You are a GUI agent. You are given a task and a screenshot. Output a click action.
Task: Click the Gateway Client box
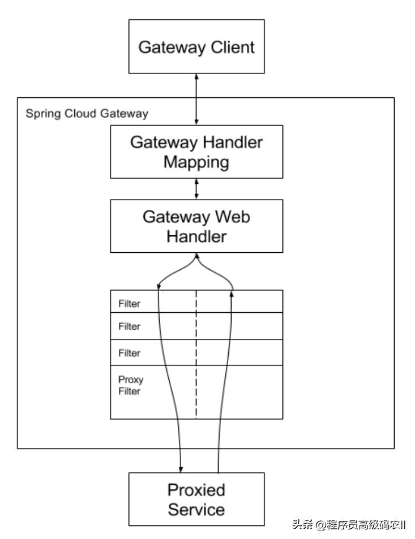coord(196,46)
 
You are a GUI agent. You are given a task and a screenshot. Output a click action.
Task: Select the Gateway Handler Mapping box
coord(196,151)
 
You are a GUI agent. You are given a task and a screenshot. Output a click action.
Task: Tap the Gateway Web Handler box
coord(196,226)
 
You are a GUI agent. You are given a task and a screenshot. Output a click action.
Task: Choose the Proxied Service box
coord(196,499)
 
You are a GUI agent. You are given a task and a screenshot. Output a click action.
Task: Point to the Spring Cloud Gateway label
coord(87,114)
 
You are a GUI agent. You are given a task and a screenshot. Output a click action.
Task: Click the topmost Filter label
coord(129,304)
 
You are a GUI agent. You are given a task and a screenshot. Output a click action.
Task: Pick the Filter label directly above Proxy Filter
coord(129,353)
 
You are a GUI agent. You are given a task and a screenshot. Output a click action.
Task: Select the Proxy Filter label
coord(131,385)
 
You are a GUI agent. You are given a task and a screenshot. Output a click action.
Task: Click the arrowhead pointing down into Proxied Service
coord(181,468)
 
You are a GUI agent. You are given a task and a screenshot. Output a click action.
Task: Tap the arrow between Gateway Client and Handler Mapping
coord(196,99)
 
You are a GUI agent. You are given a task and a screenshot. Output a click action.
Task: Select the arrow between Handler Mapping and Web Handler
coord(196,189)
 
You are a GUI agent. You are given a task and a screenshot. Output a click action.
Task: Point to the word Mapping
coord(196,162)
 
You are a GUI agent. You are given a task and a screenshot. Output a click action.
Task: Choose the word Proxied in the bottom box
coord(196,489)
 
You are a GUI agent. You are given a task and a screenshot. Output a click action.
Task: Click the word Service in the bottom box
coord(196,509)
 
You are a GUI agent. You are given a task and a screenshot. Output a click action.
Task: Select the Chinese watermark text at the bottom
coord(349,524)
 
